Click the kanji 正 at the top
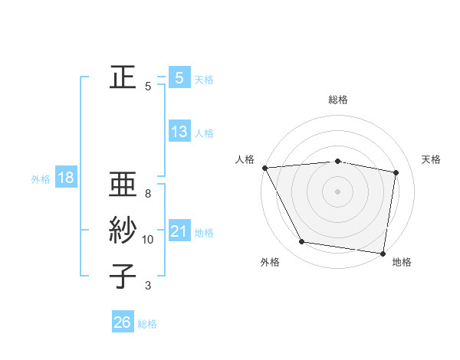(123, 77)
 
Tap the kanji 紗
(123, 231)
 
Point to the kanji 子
(123, 276)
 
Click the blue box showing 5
(179, 78)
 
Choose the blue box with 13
(179, 132)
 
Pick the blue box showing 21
(179, 231)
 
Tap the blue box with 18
(65, 178)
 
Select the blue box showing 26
(122, 322)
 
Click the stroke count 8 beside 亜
(148, 194)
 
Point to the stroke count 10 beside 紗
(148, 240)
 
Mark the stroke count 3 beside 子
(148, 286)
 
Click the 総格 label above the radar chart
(338, 100)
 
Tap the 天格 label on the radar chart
(432, 159)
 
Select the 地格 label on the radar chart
(402, 262)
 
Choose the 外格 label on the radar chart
(270, 262)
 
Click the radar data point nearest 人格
(264, 167)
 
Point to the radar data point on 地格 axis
(383, 253)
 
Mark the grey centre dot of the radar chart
(337, 191)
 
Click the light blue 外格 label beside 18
(41, 179)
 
